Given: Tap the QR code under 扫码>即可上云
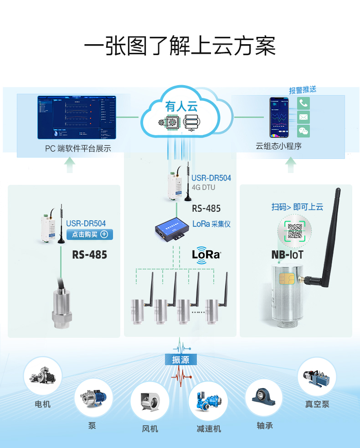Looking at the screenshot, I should tap(295, 231).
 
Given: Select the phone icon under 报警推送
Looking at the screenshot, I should tap(303, 103).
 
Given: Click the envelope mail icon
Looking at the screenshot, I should tap(303, 117).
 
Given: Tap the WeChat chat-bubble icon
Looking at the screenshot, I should tap(303, 131).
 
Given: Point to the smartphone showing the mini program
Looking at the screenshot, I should tap(279, 117).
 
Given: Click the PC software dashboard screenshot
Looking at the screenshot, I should tap(76, 117).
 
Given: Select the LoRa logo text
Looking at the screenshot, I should tap(206, 254).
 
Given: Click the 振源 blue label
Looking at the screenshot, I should tap(180, 360).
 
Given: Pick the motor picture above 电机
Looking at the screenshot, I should tap(42, 376).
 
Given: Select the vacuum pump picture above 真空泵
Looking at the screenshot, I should tap(317, 377).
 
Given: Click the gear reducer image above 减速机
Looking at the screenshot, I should tap(208, 401).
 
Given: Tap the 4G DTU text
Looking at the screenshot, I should tap(203, 187).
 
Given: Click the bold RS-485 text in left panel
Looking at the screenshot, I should tap(89, 255).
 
